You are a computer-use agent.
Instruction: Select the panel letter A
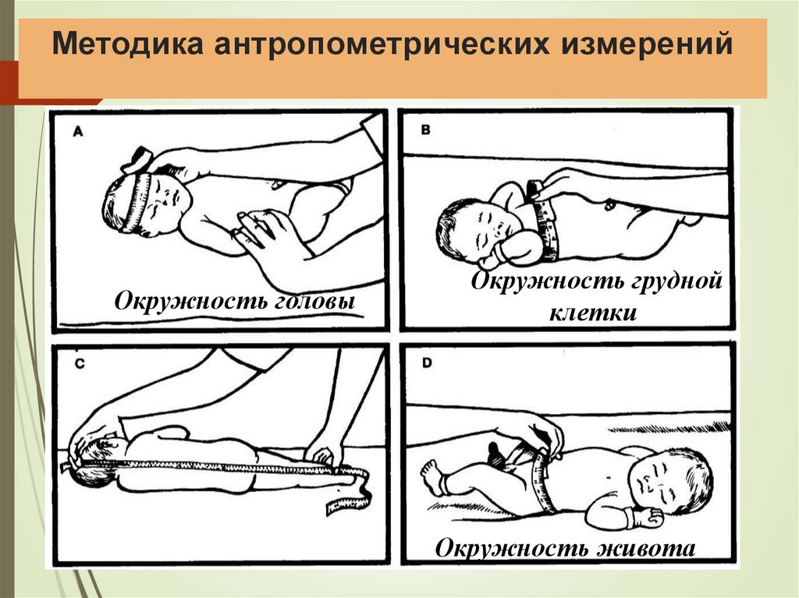(x=79, y=133)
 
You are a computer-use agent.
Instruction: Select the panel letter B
(x=425, y=130)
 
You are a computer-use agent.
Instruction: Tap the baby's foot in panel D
(x=431, y=472)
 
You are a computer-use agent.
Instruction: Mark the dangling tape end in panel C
(x=343, y=499)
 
